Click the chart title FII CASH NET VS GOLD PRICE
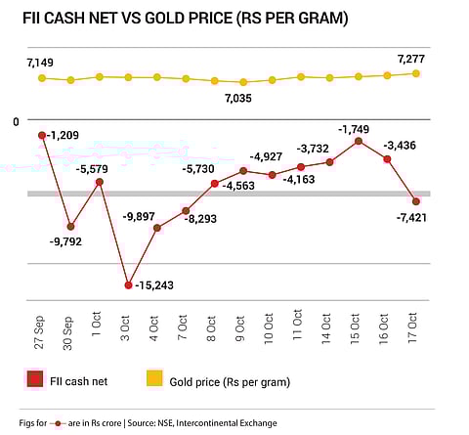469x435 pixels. [x=186, y=20]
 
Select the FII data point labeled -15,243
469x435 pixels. [x=128, y=285]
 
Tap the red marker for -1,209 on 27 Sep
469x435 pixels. [x=42, y=135]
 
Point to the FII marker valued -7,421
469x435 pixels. [x=416, y=201]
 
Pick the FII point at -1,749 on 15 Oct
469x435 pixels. [x=359, y=142]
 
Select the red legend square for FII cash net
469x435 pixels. [x=34, y=379]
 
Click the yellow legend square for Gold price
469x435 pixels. [x=154, y=379]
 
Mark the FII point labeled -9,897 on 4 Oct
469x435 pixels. [x=157, y=228]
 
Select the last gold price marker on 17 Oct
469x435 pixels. [x=416, y=73]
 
